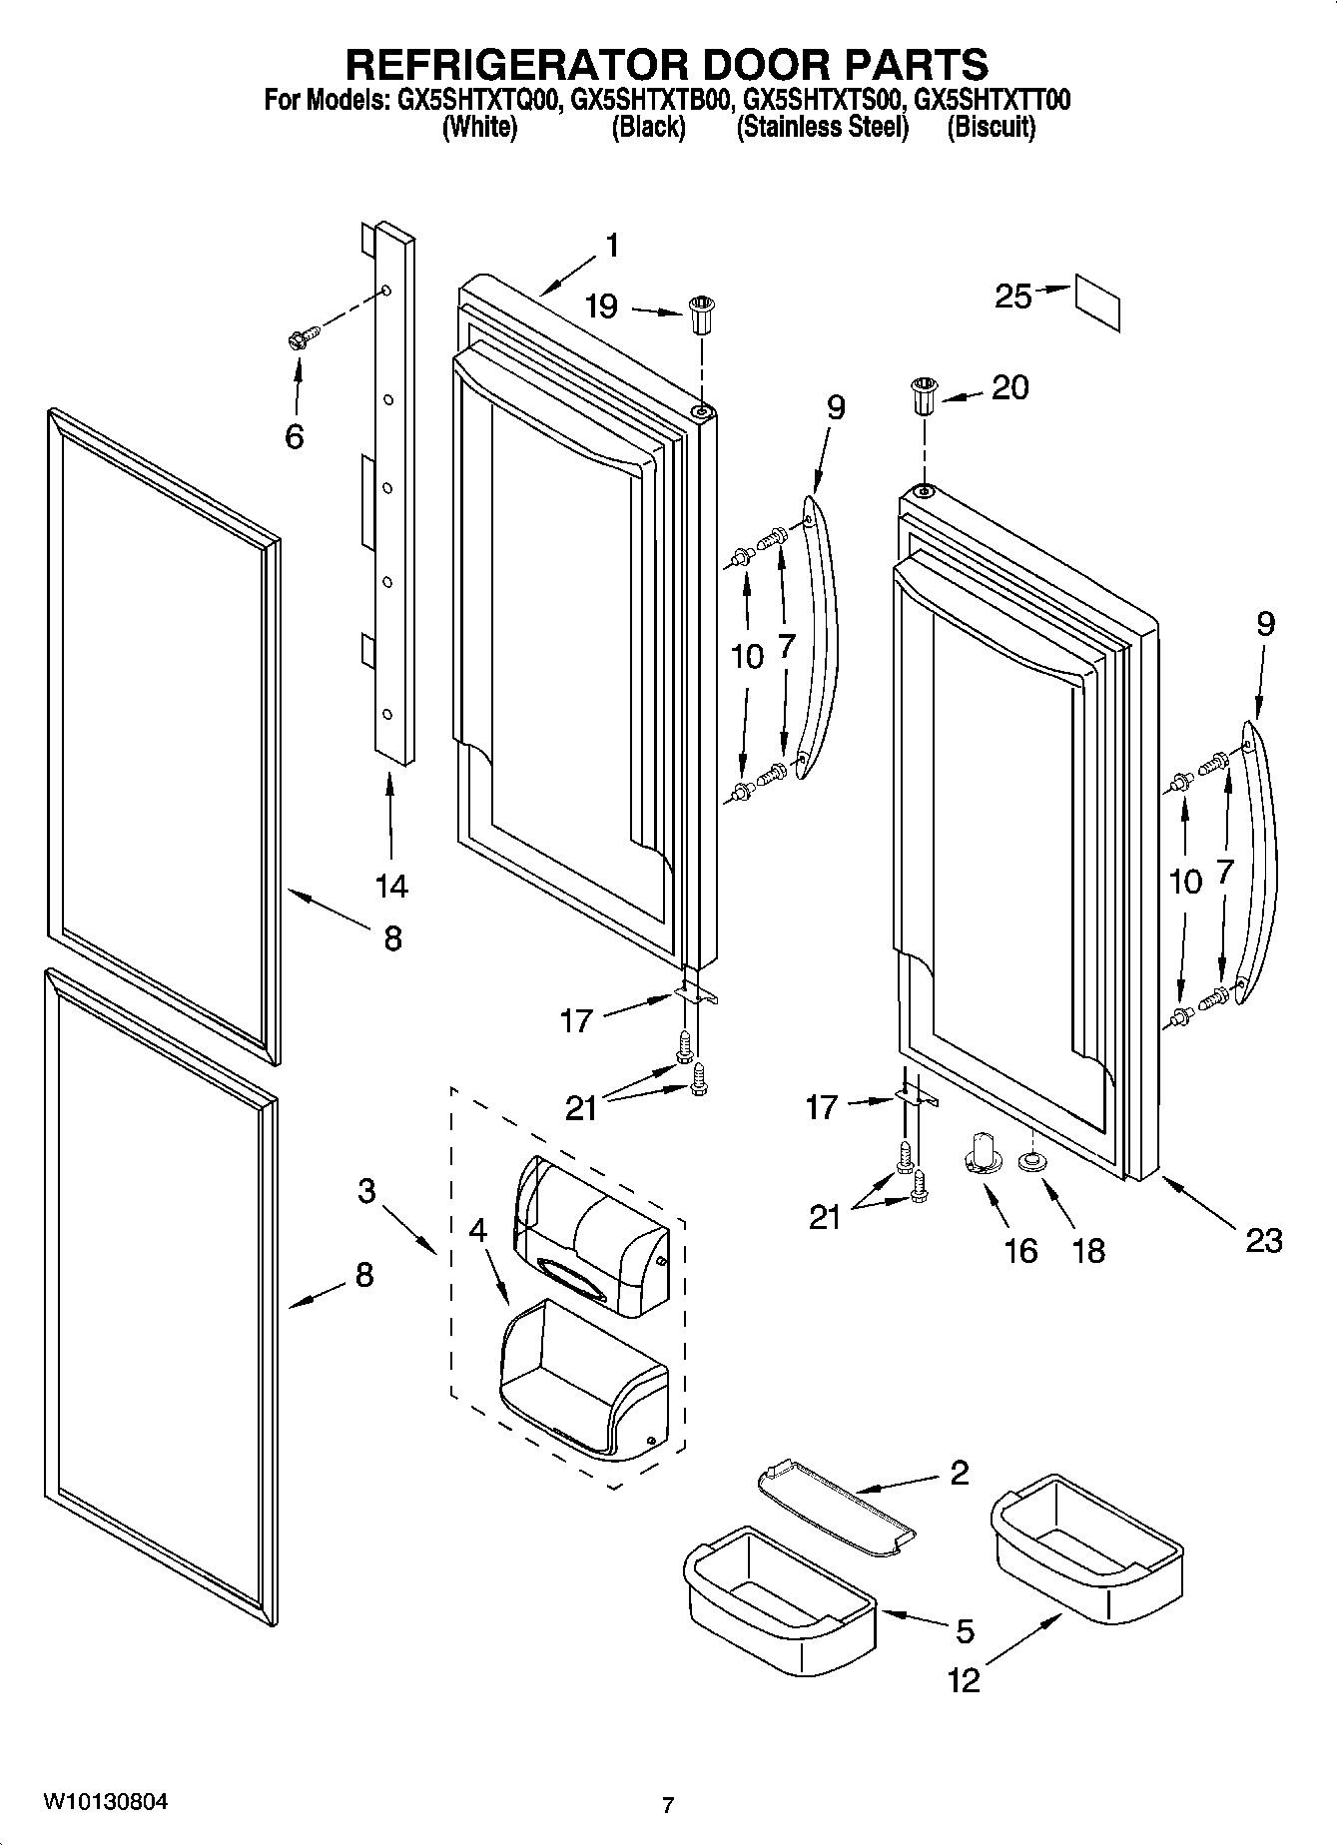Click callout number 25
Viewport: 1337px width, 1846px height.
tap(1011, 297)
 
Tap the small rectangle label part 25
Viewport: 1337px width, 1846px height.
tap(1097, 302)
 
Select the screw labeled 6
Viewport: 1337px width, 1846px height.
tap(300, 337)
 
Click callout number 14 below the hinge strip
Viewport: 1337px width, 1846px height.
tap(391, 885)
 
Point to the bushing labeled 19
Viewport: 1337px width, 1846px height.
tap(700, 316)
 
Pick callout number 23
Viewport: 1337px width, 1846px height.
tap(1263, 1240)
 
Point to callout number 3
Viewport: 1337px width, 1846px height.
tap(366, 1190)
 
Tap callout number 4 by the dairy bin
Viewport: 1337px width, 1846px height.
tap(477, 1229)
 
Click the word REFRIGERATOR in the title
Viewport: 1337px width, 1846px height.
tap(516, 65)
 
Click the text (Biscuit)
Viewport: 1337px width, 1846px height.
tap(991, 127)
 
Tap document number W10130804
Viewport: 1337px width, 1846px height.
tap(105, 1802)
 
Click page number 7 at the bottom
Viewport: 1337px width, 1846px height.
tap(667, 1805)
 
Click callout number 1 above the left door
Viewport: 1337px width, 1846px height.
tap(612, 246)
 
